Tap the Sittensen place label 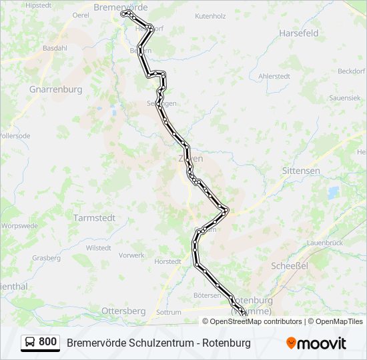tap(301, 171)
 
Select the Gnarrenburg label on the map tap(56, 89)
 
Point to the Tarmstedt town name tap(94, 217)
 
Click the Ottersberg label tap(123, 311)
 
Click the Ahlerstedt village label tap(274, 76)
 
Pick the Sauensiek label tap(344, 97)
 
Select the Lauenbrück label tap(325, 243)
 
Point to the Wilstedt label tap(99, 247)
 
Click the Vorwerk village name tap(131, 255)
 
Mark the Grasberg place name tap(46, 257)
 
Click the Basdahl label tap(55, 49)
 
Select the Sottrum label tap(168, 312)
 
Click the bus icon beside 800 tap(30, 343)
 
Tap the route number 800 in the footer tap(48, 342)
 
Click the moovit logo tap(316, 343)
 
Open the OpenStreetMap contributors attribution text tap(256, 321)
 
